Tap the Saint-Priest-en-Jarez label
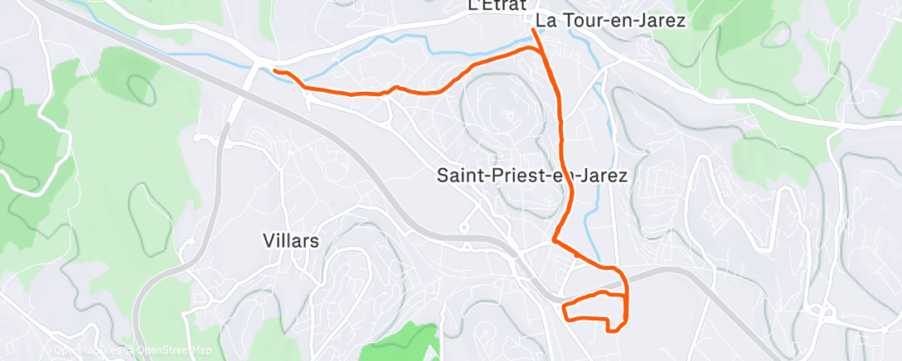[531, 176]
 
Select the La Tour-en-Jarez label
[611, 21]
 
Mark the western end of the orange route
[274, 71]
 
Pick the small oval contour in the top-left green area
[142, 85]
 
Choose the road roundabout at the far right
[822, 312]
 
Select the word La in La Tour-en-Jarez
[546, 21]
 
